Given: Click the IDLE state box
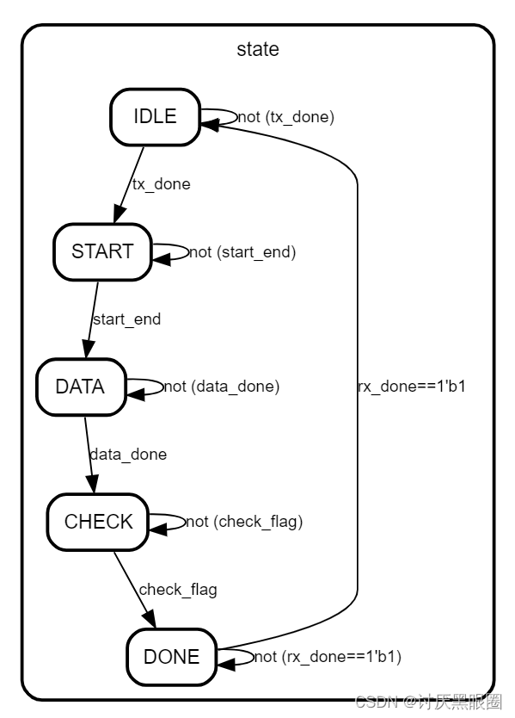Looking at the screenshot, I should coord(155,116).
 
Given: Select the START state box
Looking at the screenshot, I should coord(102,251).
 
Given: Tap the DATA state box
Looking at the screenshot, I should coord(80,387).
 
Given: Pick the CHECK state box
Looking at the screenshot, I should coord(98,522).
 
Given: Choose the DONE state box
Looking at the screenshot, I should coord(171,657).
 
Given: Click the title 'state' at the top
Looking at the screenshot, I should coord(258,49).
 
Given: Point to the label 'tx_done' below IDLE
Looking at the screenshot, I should coord(161,183).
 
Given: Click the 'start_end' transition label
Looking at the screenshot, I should coord(126,319).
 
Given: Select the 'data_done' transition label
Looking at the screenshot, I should coord(128,454).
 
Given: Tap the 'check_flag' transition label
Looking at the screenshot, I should coord(178,589).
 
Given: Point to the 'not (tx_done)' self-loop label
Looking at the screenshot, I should coord(286,116).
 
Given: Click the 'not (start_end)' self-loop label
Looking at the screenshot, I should coord(242,251).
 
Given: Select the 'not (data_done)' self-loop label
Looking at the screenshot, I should coord(222,387).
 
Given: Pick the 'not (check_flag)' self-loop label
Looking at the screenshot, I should coord(244,522).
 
